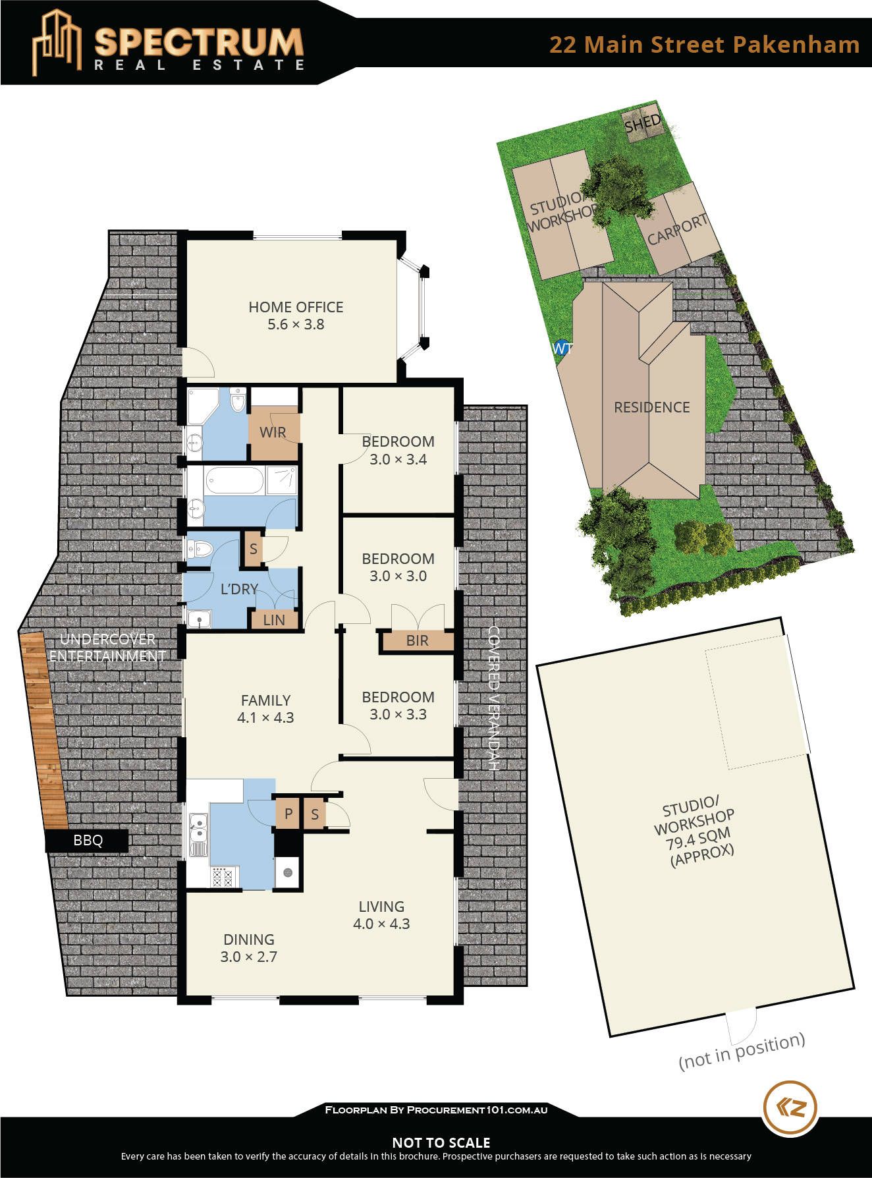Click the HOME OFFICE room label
[296, 307]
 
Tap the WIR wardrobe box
[274, 432]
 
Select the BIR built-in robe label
[417, 640]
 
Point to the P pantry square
[288, 814]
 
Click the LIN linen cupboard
[274, 619]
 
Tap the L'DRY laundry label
[239, 589]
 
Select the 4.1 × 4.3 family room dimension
[265, 717]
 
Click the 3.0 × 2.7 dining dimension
[249, 957]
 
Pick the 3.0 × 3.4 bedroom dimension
[398, 459]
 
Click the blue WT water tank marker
[560, 348]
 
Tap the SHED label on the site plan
[643, 123]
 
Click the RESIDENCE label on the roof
[651, 407]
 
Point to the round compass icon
[790, 1108]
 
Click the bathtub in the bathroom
[234, 481]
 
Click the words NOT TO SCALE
[441, 1142]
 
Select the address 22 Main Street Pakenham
[704, 44]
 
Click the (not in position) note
[742, 1051]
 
